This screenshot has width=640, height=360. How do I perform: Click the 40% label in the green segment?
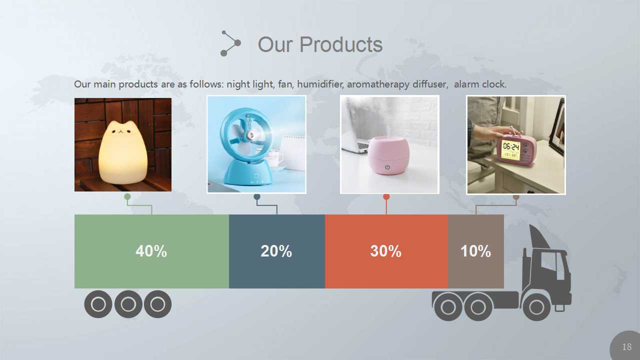tap(151, 251)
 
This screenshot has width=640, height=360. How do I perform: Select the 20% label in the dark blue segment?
tap(276, 251)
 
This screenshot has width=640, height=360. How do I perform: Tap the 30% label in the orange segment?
tap(385, 251)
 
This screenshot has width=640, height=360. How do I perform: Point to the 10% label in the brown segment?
tap(475, 251)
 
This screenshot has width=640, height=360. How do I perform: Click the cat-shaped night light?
tap(123, 152)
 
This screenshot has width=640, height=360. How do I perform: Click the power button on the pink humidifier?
tap(387, 167)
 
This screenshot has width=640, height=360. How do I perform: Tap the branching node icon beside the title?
tap(230, 43)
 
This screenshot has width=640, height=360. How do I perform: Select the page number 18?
tap(627, 347)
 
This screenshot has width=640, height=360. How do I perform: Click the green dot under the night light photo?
tap(127, 196)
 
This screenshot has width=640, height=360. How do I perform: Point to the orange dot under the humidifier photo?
tap(386, 197)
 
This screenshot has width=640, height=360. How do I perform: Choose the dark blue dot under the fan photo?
tap(257, 197)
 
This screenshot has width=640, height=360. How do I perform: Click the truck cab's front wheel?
tap(536, 307)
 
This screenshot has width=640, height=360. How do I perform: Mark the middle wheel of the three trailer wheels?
tap(128, 304)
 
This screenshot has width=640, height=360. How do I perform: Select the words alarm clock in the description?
tap(480, 84)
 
